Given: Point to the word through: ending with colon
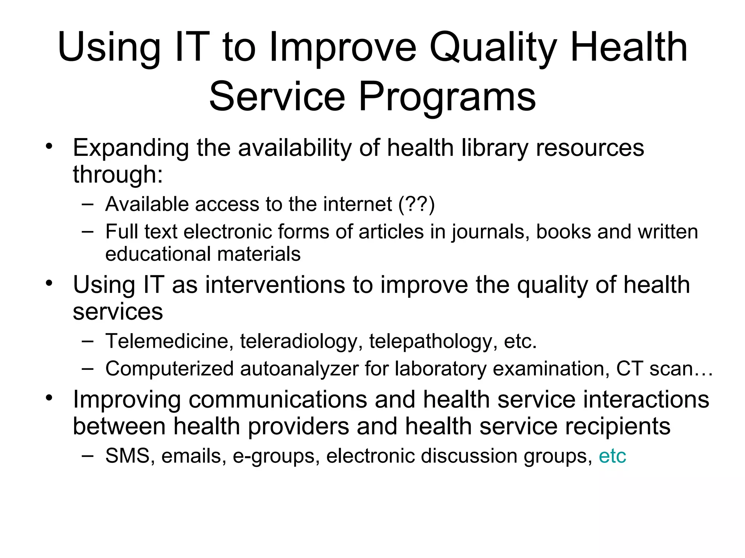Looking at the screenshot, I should tap(117, 175).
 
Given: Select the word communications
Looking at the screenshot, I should tap(278, 400).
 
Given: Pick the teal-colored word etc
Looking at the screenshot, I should tap(612, 456).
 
